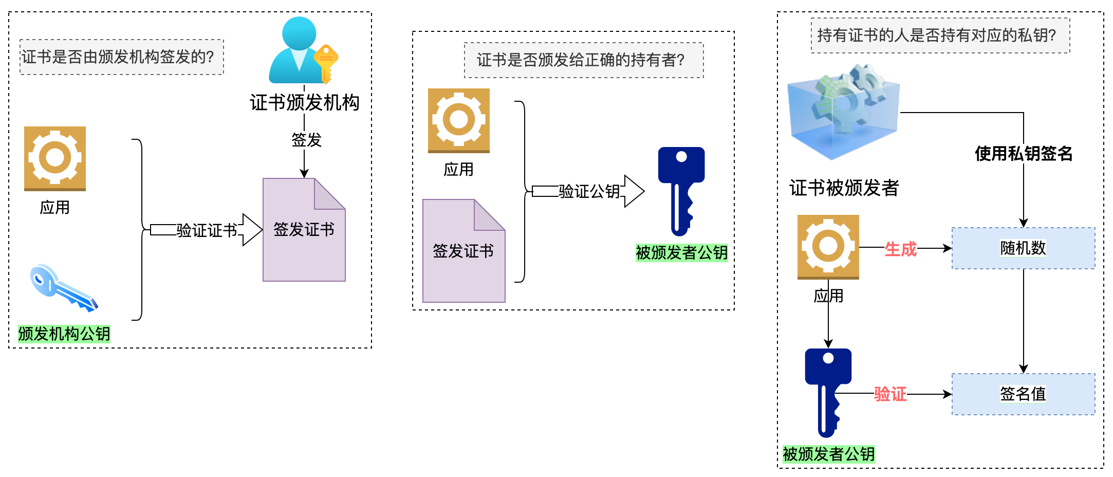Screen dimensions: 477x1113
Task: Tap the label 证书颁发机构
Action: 304,103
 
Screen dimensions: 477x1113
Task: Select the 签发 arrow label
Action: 306,140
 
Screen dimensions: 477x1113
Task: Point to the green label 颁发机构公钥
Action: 64,334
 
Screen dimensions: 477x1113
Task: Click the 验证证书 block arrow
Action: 206,230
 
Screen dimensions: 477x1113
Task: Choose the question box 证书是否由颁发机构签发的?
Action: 122,57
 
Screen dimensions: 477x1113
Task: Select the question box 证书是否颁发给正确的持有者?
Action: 584,60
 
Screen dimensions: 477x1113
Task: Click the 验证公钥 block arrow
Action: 588,191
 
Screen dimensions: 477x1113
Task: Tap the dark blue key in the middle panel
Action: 681,190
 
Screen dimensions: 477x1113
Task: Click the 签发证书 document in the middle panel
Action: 463,251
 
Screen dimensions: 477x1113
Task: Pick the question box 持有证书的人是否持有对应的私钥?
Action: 940,35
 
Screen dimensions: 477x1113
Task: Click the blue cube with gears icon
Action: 843,111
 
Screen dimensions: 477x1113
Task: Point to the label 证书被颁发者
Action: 844,188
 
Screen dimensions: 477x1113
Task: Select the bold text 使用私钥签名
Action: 1023,153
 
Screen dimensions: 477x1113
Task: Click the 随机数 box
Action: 1023,248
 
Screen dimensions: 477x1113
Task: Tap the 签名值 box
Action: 1023,394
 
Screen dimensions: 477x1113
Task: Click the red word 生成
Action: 900,249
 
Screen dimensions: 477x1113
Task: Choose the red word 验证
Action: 890,394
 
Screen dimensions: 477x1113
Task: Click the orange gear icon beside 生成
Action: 828,247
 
